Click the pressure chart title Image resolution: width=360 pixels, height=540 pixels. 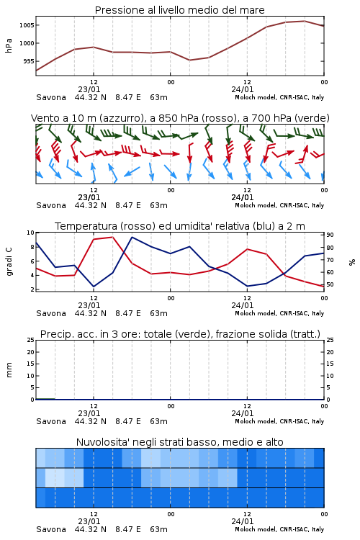coord(179,10)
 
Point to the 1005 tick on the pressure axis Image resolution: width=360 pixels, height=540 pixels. coord(27,25)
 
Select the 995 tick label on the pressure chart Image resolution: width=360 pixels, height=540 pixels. coord(28,61)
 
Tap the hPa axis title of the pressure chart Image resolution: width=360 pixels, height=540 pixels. coord(9,45)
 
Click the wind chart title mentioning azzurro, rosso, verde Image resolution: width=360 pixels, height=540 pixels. coord(180,118)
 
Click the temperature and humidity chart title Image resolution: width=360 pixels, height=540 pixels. coord(180,226)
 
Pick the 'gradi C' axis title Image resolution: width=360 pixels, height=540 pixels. coord(9,261)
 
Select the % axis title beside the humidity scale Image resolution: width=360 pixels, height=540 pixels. coord(352,262)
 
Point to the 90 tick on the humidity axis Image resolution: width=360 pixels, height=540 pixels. coord(330,235)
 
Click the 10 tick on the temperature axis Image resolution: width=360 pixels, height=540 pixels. coord(30,233)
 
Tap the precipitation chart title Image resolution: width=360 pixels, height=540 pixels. coord(180,334)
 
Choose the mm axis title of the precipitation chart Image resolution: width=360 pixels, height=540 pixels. coord(9,370)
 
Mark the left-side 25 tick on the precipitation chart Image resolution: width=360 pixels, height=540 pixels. coord(30,340)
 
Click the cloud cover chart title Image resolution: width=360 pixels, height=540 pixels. coord(179,442)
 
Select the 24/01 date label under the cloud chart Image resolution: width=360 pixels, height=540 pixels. coord(242,521)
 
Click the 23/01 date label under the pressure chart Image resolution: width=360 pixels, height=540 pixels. coord(89,89)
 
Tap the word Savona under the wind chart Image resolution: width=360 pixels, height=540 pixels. coord(51,205)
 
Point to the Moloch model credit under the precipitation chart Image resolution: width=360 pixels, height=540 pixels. coord(279,421)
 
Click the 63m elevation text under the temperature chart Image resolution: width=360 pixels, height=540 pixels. coord(158,313)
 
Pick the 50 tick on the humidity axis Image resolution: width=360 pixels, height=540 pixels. coord(330,285)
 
